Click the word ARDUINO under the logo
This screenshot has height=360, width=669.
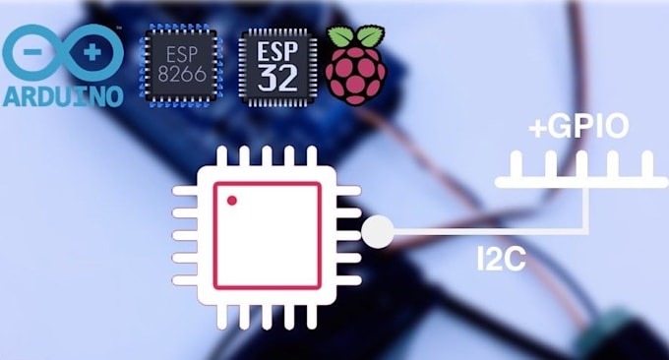[x=62, y=96]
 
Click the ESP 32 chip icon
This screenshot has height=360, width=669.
[x=279, y=65]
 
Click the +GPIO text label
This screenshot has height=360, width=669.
[x=578, y=128]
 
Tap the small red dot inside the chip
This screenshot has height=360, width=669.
[x=232, y=201]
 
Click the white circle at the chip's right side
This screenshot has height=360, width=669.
[x=379, y=233]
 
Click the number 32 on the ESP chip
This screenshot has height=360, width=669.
[x=279, y=78]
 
